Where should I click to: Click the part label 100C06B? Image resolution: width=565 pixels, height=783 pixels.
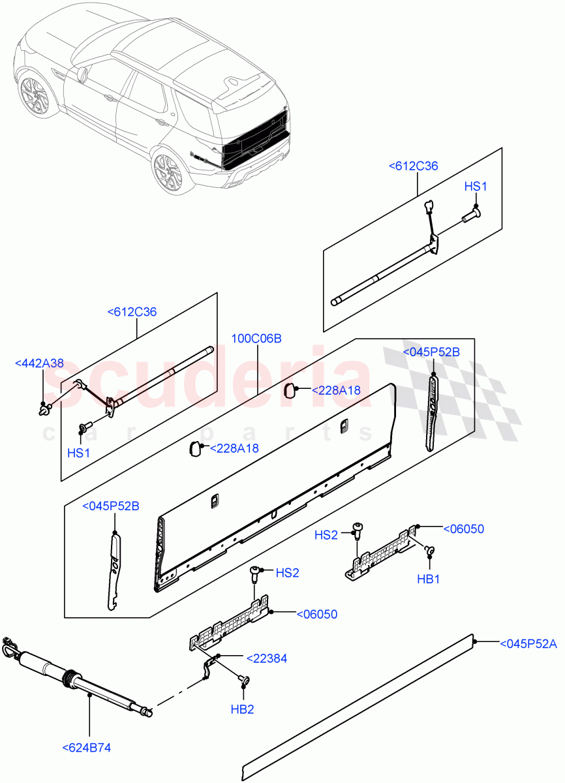[256, 339]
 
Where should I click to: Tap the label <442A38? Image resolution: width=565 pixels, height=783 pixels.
[40, 363]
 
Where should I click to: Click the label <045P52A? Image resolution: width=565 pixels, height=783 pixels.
[528, 644]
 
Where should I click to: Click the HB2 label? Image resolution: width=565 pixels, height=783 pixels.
[242, 709]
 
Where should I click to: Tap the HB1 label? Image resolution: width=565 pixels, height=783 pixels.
[429, 578]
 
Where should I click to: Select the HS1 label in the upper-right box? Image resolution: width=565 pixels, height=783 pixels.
[476, 187]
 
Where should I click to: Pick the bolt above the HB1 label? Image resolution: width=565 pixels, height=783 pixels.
[429, 551]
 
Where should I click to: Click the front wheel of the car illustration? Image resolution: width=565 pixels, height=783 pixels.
[33, 96]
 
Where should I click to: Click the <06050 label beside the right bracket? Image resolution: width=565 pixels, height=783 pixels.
[463, 529]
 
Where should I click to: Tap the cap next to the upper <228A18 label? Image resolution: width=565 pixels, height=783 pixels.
[290, 390]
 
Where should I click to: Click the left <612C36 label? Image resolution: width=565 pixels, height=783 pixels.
[132, 312]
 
